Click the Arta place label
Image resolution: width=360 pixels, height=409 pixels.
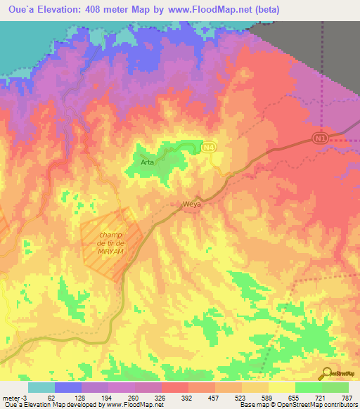pyautogui.click(x=147, y=162)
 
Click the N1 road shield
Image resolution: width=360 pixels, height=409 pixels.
pyautogui.click(x=321, y=138)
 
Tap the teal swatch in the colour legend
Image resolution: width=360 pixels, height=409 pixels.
pyautogui.click(x=41, y=387)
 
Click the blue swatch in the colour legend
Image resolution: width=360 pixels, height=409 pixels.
pyautogui.click(x=68, y=387)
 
